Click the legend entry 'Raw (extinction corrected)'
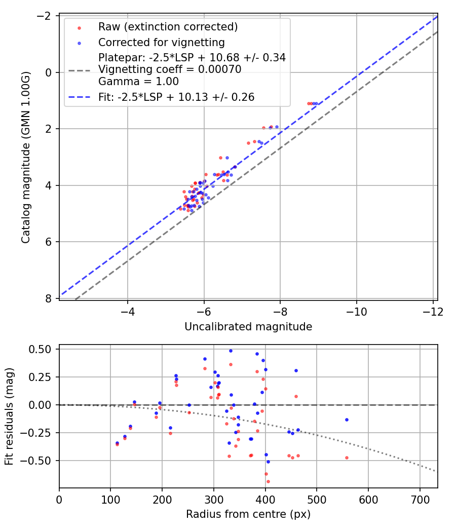click(168, 27)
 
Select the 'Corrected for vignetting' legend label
click(161, 42)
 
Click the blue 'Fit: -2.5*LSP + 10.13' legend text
click(176, 97)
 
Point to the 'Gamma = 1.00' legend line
click(138, 81)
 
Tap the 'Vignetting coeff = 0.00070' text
click(170, 69)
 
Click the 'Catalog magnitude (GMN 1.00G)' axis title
click(26, 157)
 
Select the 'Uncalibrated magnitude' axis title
click(248, 327)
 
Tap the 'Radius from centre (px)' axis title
click(248, 514)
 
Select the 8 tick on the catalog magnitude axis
click(49, 298)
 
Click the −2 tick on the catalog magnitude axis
click(45, 16)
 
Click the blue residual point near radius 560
click(347, 420)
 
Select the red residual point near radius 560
click(347, 458)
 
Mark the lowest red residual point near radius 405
click(268, 481)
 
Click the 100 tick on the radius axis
click(110, 499)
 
